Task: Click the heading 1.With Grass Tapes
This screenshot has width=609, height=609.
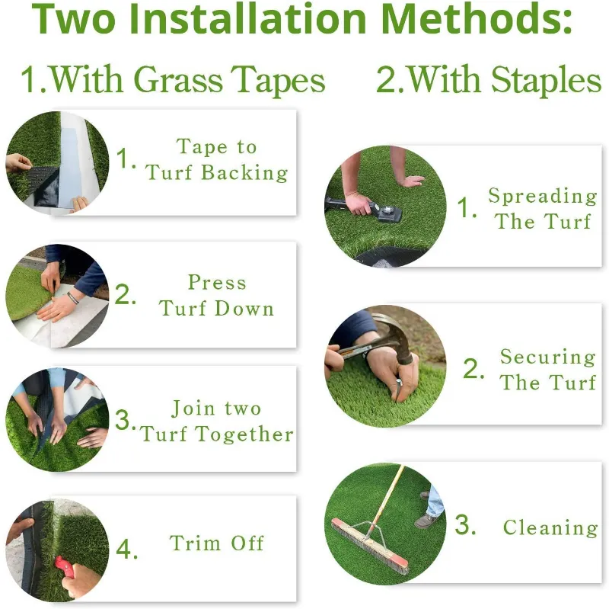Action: (x=173, y=80)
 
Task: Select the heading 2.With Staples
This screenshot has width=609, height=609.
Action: (x=489, y=80)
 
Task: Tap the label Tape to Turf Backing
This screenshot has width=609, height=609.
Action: (x=217, y=159)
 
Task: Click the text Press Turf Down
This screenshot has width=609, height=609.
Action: (x=217, y=295)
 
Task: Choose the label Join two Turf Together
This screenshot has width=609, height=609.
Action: (x=217, y=421)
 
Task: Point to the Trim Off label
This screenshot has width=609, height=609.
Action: (x=217, y=543)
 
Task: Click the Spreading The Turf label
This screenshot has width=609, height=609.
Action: (x=542, y=208)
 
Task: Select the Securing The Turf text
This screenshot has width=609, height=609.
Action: (x=547, y=369)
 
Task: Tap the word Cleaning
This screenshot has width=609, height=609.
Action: (x=550, y=527)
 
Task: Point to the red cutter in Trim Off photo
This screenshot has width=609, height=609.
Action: (x=63, y=566)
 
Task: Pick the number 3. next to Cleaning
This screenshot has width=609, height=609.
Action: (x=466, y=526)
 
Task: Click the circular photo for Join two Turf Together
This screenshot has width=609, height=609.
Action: (x=57, y=420)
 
